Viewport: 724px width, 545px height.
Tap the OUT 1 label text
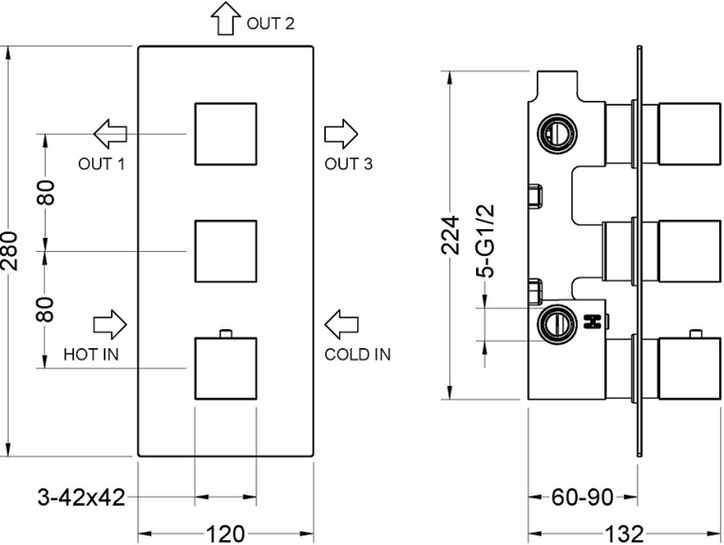point(102,164)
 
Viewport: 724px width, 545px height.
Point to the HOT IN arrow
point(109,322)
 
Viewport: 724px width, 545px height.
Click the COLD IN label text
point(356,355)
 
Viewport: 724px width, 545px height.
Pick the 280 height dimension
point(11,250)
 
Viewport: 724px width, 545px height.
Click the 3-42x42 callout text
point(81,496)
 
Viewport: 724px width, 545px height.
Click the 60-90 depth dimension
point(582,497)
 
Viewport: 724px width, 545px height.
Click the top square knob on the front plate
point(225,133)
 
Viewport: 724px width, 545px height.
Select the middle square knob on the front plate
point(225,250)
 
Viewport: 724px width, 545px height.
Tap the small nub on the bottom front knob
point(225,332)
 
